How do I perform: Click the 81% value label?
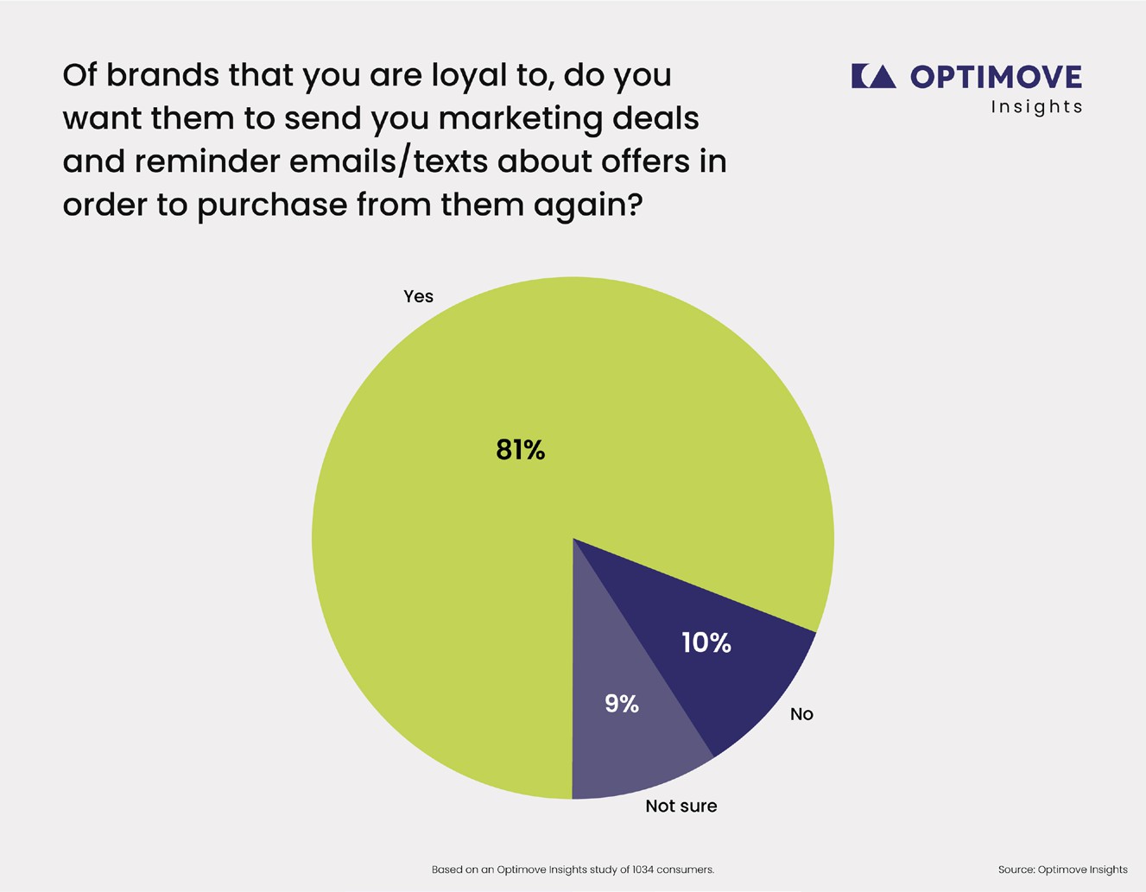pyautogui.click(x=520, y=450)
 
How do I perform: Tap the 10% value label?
pyautogui.click(x=706, y=642)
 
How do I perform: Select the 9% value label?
pyautogui.click(x=622, y=704)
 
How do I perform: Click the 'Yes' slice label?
pyautogui.click(x=418, y=296)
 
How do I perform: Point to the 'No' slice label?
pyautogui.click(x=801, y=714)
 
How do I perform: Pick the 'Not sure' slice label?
pyautogui.click(x=681, y=806)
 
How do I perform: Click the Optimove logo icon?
pyautogui.click(x=873, y=76)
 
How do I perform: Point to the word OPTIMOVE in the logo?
pyautogui.click(x=996, y=77)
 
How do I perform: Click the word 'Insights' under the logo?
pyautogui.click(x=1036, y=107)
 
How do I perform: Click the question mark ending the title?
pyautogui.click(x=634, y=205)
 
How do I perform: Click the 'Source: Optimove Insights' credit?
pyautogui.click(x=1062, y=870)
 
